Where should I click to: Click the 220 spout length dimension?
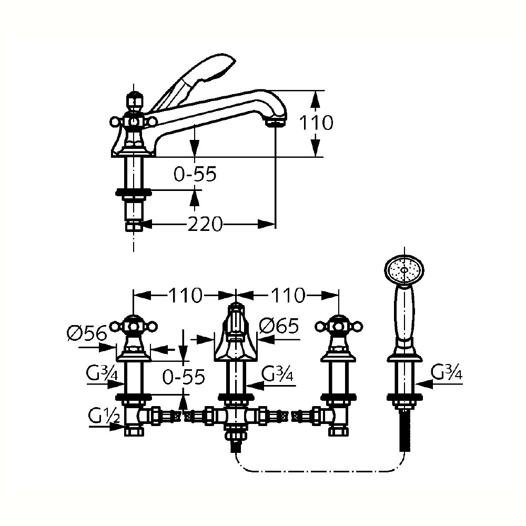point(205,224)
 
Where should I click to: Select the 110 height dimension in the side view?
point(316,123)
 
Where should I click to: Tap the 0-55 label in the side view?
point(195,174)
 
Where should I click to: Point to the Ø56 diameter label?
point(87,333)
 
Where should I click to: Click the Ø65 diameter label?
point(279,326)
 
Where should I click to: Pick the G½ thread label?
point(104,417)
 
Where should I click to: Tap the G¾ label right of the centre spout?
point(277,373)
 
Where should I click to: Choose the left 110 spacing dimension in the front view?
point(185,295)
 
